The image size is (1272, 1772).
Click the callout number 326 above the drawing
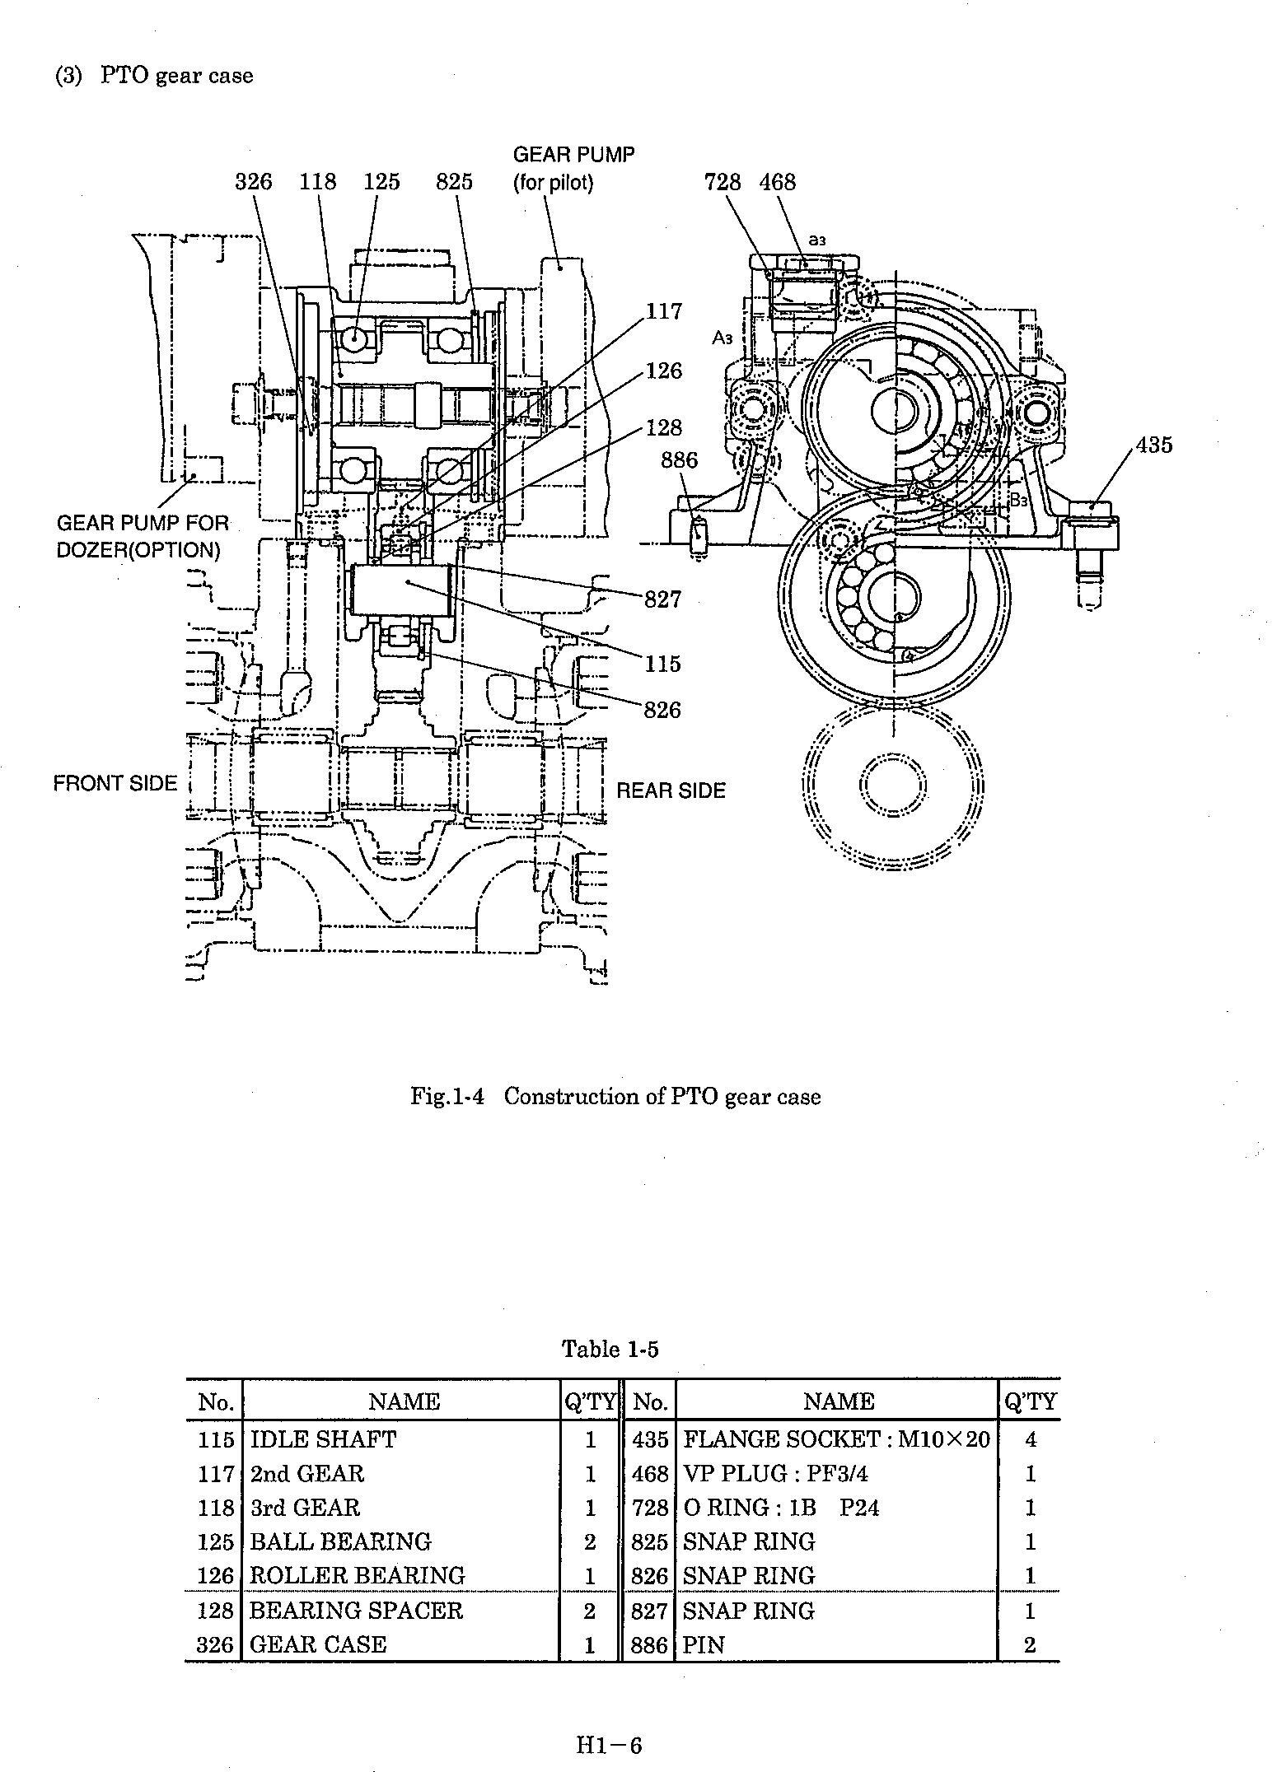(253, 181)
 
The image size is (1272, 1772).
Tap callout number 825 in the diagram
(455, 181)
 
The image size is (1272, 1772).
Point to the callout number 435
(1153, 445)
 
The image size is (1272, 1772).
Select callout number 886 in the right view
(679, 460)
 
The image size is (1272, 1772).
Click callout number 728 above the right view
(723, 182)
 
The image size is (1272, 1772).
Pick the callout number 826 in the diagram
(663, 710)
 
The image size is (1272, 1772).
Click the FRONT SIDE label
(115, 783)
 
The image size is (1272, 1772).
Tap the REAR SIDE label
(671, 790)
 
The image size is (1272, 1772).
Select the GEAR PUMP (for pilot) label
(573, 168)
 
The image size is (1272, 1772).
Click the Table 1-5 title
(610, 1349)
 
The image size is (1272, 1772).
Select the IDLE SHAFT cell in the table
(323, 1439)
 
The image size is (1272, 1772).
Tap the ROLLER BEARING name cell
(358, 1575)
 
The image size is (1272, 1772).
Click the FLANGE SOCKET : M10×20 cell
(837, 1439)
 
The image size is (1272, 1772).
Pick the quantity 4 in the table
(1030, 1439)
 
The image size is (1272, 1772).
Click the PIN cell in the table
(704, 1645)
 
